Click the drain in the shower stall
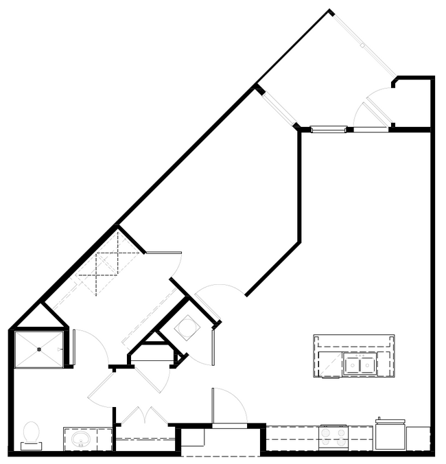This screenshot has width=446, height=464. pyautogui.click(x=39, y=349)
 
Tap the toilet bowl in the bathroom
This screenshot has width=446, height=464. pyautogui.click(x=32, y=432)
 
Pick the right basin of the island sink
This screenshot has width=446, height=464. pyautogui.click(x=368, y=366)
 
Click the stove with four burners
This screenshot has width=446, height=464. pyautogui.click(x=333, y=437)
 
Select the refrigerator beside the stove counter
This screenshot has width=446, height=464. pyautogui.click(x=390, y=435)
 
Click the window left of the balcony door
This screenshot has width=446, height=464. pyautogui.click(x=329, y=128)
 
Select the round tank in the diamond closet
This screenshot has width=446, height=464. pyautogui.click(x=187, y=329)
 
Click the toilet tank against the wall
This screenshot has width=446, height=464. pyautogui.click(x=31, y=446)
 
